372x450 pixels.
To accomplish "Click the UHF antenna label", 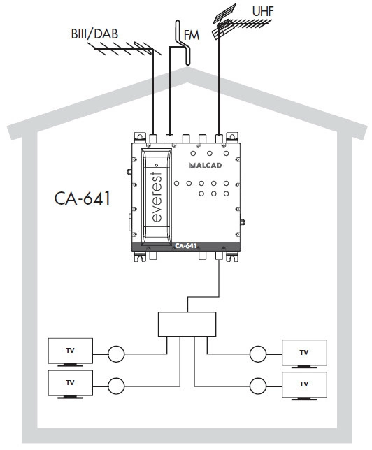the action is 263,11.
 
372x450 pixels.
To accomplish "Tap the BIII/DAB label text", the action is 94,34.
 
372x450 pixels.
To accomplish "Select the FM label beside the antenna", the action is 192,36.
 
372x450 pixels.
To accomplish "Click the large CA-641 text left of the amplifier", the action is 82,198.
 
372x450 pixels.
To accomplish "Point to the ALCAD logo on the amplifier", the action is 206,166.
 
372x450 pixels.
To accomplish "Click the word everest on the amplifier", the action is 157,197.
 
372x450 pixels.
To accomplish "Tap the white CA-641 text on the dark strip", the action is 186,246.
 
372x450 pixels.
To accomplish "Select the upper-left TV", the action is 71,352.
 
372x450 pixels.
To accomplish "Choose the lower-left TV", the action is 71,384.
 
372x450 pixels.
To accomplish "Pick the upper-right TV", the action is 304,354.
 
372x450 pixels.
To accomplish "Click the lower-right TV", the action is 304,386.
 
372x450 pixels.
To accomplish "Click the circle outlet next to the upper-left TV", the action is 116,354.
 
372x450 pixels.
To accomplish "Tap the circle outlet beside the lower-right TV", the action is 258,386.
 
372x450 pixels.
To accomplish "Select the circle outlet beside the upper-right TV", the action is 258,354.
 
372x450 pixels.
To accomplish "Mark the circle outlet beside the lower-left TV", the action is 116,386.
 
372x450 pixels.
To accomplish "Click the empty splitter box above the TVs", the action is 187,324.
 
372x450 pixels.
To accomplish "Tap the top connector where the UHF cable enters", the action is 219,138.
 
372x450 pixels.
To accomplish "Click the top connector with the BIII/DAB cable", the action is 153,138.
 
